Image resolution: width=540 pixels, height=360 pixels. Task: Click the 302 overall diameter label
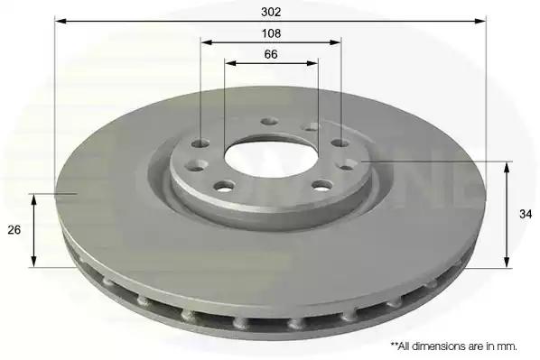pos(271,12)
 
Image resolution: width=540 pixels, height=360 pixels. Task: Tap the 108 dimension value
pos(272,33)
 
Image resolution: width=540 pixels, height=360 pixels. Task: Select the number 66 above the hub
pos(271,54)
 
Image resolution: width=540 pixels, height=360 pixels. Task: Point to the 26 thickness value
pos(14,229)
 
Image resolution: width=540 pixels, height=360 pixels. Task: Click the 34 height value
pos(526,214)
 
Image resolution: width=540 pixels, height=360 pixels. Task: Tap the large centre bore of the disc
pos(271,160)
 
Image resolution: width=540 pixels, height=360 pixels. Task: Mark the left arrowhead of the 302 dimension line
pos(61,21)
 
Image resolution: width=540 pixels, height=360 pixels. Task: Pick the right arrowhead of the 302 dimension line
pos(480,21)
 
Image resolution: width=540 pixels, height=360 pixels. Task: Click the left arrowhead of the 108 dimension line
pos(207,42)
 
